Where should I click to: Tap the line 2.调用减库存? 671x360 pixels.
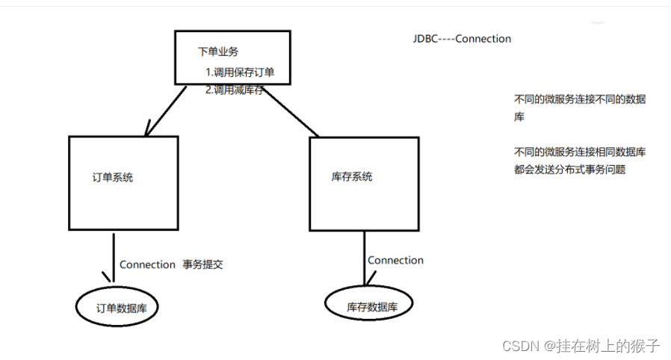(x=237, y=90)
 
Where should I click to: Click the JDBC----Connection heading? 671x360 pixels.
(x=462, y=39)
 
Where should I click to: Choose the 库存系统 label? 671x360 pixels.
(x=351, y=177)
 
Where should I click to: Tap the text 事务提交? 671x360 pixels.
(x=202, y=264)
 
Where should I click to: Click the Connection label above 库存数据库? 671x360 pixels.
(x=395, y=261)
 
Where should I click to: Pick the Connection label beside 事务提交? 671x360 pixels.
(x=147, y=264)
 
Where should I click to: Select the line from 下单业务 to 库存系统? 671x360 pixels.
(x=288, y=111)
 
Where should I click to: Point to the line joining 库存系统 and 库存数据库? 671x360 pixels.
(x=365, y=258)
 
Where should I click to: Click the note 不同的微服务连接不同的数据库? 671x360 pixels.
(x=579, y=108)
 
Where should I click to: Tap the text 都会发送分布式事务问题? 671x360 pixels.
(x=569, y=170)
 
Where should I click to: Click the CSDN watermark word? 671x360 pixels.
(x=520, y=346)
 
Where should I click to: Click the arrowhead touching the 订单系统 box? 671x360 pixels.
(x=149, y=131)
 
